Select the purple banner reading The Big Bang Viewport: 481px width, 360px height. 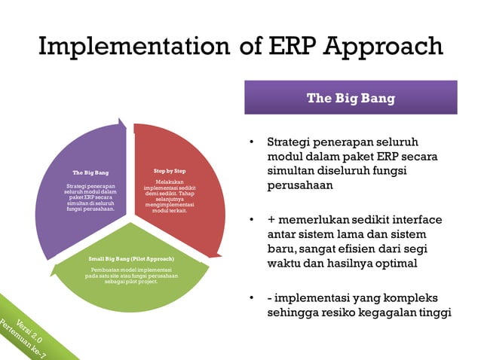pyautogui.click(x=350, y=98)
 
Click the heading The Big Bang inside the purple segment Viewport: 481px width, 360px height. pyautogui.click(x=90, y=172)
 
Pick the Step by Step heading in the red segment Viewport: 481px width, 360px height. pyautogui.click(x=169, y=171)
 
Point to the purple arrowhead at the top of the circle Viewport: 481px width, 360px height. pyautogui.click(x=121, y=122)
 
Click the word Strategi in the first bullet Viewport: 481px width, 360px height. pyautogui.click(x=291, y=142)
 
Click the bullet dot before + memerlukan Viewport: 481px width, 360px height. pyautogui.click(x=252, y=220)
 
